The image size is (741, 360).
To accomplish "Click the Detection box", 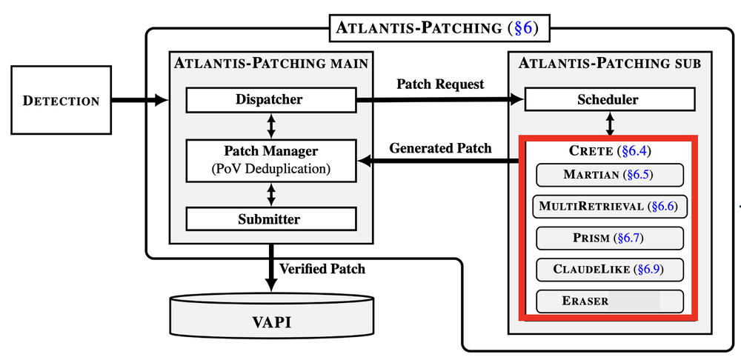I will (62, 101).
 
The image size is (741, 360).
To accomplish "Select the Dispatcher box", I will (270, 99).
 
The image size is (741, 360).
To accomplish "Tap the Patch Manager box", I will (270, 159).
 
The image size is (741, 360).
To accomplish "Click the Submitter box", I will (270, 219).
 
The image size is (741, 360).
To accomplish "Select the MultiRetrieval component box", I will (609, 207).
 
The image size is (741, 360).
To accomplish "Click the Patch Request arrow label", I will (440, 84).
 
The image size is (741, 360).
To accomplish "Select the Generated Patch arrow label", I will (440, 148).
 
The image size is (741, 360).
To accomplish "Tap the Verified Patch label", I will (322, 268).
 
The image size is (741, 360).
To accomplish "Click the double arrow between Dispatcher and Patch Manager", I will (271, 125).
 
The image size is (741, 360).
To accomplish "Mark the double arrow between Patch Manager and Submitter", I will (271, 194).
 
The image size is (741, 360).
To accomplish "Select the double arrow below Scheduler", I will (609, 123).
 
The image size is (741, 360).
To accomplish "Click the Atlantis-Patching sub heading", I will (609, 63).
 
